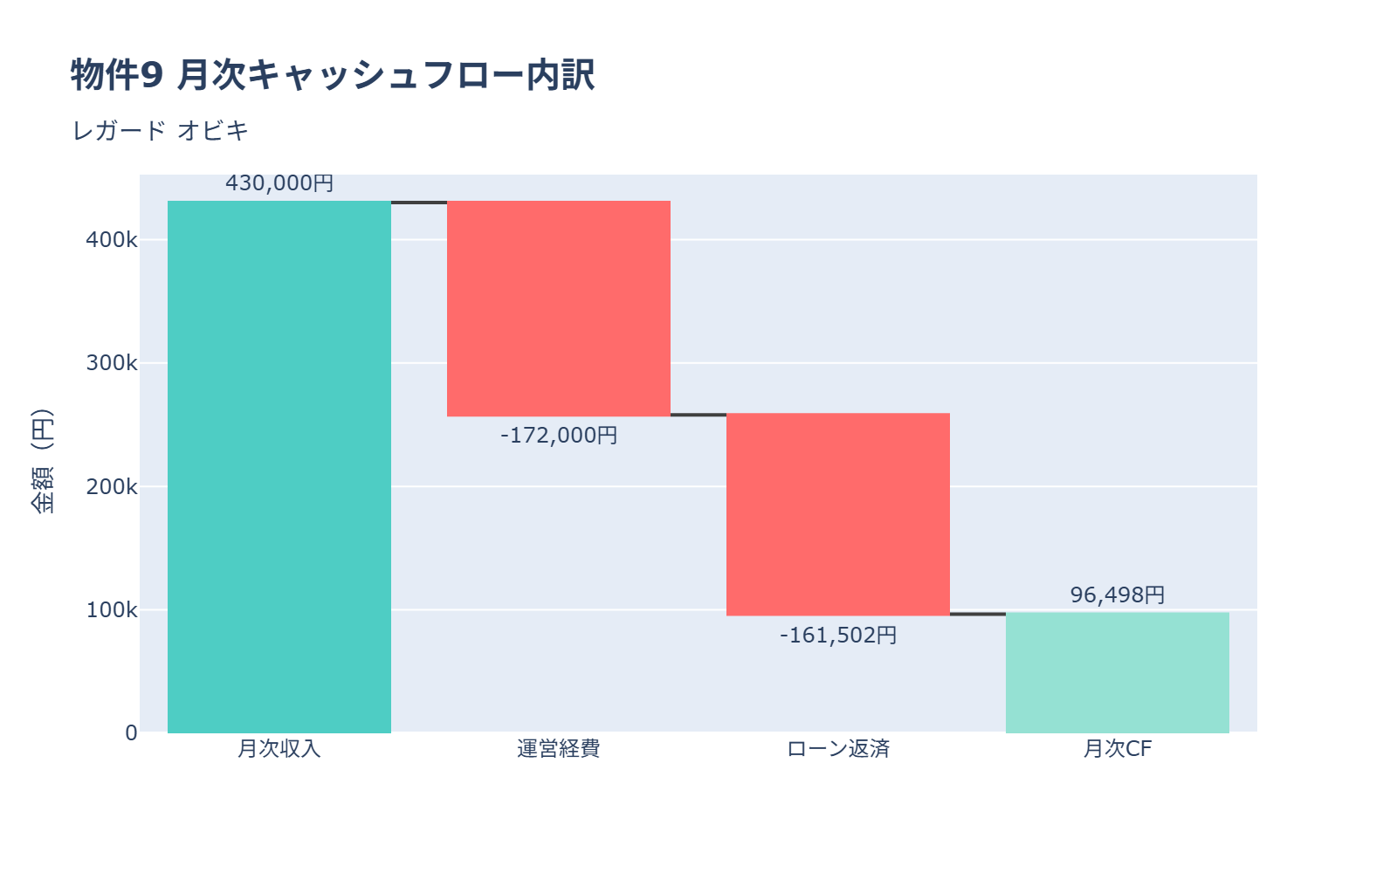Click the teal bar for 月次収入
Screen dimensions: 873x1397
tap(279, 467)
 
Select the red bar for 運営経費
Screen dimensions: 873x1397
tap(559, 308)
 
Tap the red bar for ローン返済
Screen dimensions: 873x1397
tap(838, 514)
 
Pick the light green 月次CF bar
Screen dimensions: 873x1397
tap(1118, 672)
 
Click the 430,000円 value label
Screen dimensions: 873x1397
tap(279, 183)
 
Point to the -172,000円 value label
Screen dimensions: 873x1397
tap(559, 435)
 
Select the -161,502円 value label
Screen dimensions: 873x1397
tap(838, 635)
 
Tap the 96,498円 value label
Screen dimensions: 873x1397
tap(1118, 595)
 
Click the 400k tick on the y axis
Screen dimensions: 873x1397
tap(112, 240)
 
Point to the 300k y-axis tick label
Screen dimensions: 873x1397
tap(112, 363)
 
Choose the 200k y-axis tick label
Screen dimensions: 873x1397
tap(112, 486)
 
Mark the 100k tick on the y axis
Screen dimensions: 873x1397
tap(112, 609)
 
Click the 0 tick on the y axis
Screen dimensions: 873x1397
tap(131, 732)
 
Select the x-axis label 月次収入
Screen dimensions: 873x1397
tap(279, 749)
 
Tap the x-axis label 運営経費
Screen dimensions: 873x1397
tap(559, 749)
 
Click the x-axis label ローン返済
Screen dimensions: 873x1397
tap(838, 749)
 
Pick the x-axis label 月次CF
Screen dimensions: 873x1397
tap(1118, 749)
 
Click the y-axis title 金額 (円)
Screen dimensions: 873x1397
tap(42, 461)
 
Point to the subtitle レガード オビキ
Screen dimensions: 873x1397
tap(161, 131)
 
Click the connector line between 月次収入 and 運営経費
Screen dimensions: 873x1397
tap(419, 203)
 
